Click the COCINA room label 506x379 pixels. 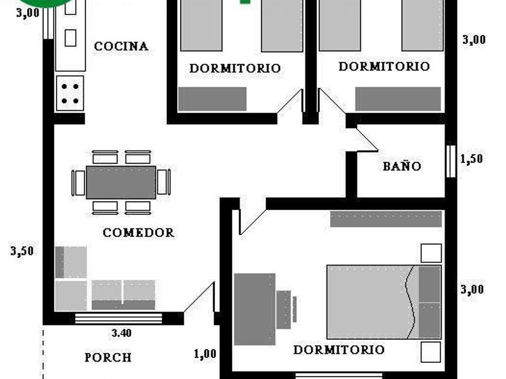point(121,46)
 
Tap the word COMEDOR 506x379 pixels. point(139,232)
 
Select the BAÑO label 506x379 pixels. point(402,166)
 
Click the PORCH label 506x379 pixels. point(108,357)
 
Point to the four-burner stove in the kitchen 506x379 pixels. point(70,93)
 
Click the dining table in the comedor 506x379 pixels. point(121,182)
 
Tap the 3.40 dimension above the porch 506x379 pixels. point(122,333)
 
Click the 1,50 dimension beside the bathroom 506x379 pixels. point(472,159)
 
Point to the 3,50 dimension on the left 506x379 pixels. point(22,251)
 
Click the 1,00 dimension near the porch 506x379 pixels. point(205,354)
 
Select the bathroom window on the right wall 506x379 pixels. point(451,161)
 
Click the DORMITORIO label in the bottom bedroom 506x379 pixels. point(339,350)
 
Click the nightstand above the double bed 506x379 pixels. point(431,253)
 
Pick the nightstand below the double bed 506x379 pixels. point(431,352)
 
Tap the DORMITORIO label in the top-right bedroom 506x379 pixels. point(384,66)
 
